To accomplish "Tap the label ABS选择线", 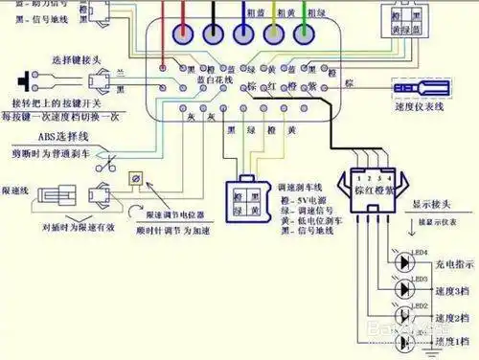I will tap(57, 136).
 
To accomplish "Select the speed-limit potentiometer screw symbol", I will tap(135, 179).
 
